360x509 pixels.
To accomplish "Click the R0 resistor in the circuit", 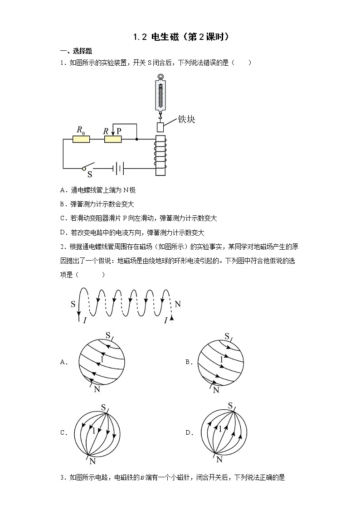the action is pyautogui.click(x=81, y=139).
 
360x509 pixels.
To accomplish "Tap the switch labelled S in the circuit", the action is pyautogui.click(x=88, y=166).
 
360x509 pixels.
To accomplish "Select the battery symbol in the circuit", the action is pyautogui.click(x=118, y=169).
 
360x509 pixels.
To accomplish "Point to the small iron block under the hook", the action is pyautogui.click(x=161, y=127).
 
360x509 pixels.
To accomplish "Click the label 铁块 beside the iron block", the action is pyautogui.click(x=186, y=120).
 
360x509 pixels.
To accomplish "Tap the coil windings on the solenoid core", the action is pyautogui.click(x=161, y=151).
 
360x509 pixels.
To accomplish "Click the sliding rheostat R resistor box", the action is pyautogui.click(x=112, y=139).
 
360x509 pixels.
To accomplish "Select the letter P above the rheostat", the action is pyautogui.click(x=119, y=131).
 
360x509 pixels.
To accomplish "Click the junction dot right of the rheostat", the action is pyautogui.click(x=136, y=139).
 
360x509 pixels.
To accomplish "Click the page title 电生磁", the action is pyautogui.click(x=165, y=37).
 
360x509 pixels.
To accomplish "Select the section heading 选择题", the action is pyautogui.click(x=83, y=51).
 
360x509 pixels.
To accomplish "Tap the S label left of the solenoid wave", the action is pyautogui.click(x=73, y=304).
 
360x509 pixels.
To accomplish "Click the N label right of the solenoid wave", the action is pyautogui.click(x=178, y=304).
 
